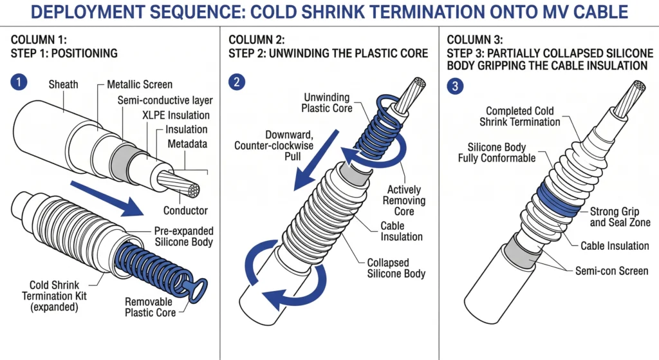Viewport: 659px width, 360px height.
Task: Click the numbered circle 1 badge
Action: tap(20, 82)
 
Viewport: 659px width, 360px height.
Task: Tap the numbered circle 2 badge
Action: tap(238, 82)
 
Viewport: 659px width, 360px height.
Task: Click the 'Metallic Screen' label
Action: tap(140, 84)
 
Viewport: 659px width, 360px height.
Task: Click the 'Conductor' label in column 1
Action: tap(185, 211)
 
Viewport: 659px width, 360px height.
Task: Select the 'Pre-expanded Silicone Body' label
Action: tap(183, 236)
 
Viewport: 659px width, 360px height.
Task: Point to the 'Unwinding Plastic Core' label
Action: tap(327, 103)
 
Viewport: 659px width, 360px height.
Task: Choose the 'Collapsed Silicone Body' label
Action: tap(396, 268)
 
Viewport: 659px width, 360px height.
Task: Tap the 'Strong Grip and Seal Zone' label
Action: tap(620, 217)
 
